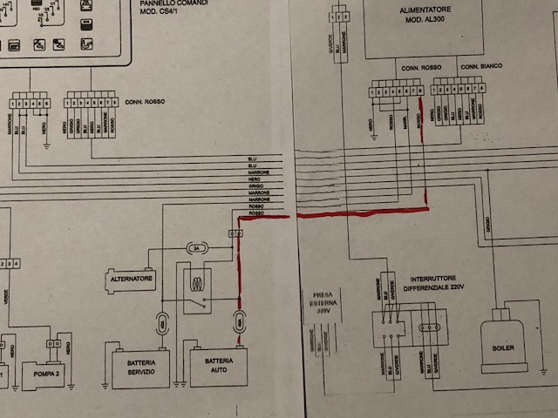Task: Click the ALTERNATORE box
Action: tap(132, 280)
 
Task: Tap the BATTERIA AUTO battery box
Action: tap(218, 367)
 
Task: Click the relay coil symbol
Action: tap(198, 283)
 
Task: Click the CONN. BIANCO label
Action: tap(481, 67)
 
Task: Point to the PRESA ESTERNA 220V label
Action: tap(317, 301)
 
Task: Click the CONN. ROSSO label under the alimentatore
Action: tap(420, 67)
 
